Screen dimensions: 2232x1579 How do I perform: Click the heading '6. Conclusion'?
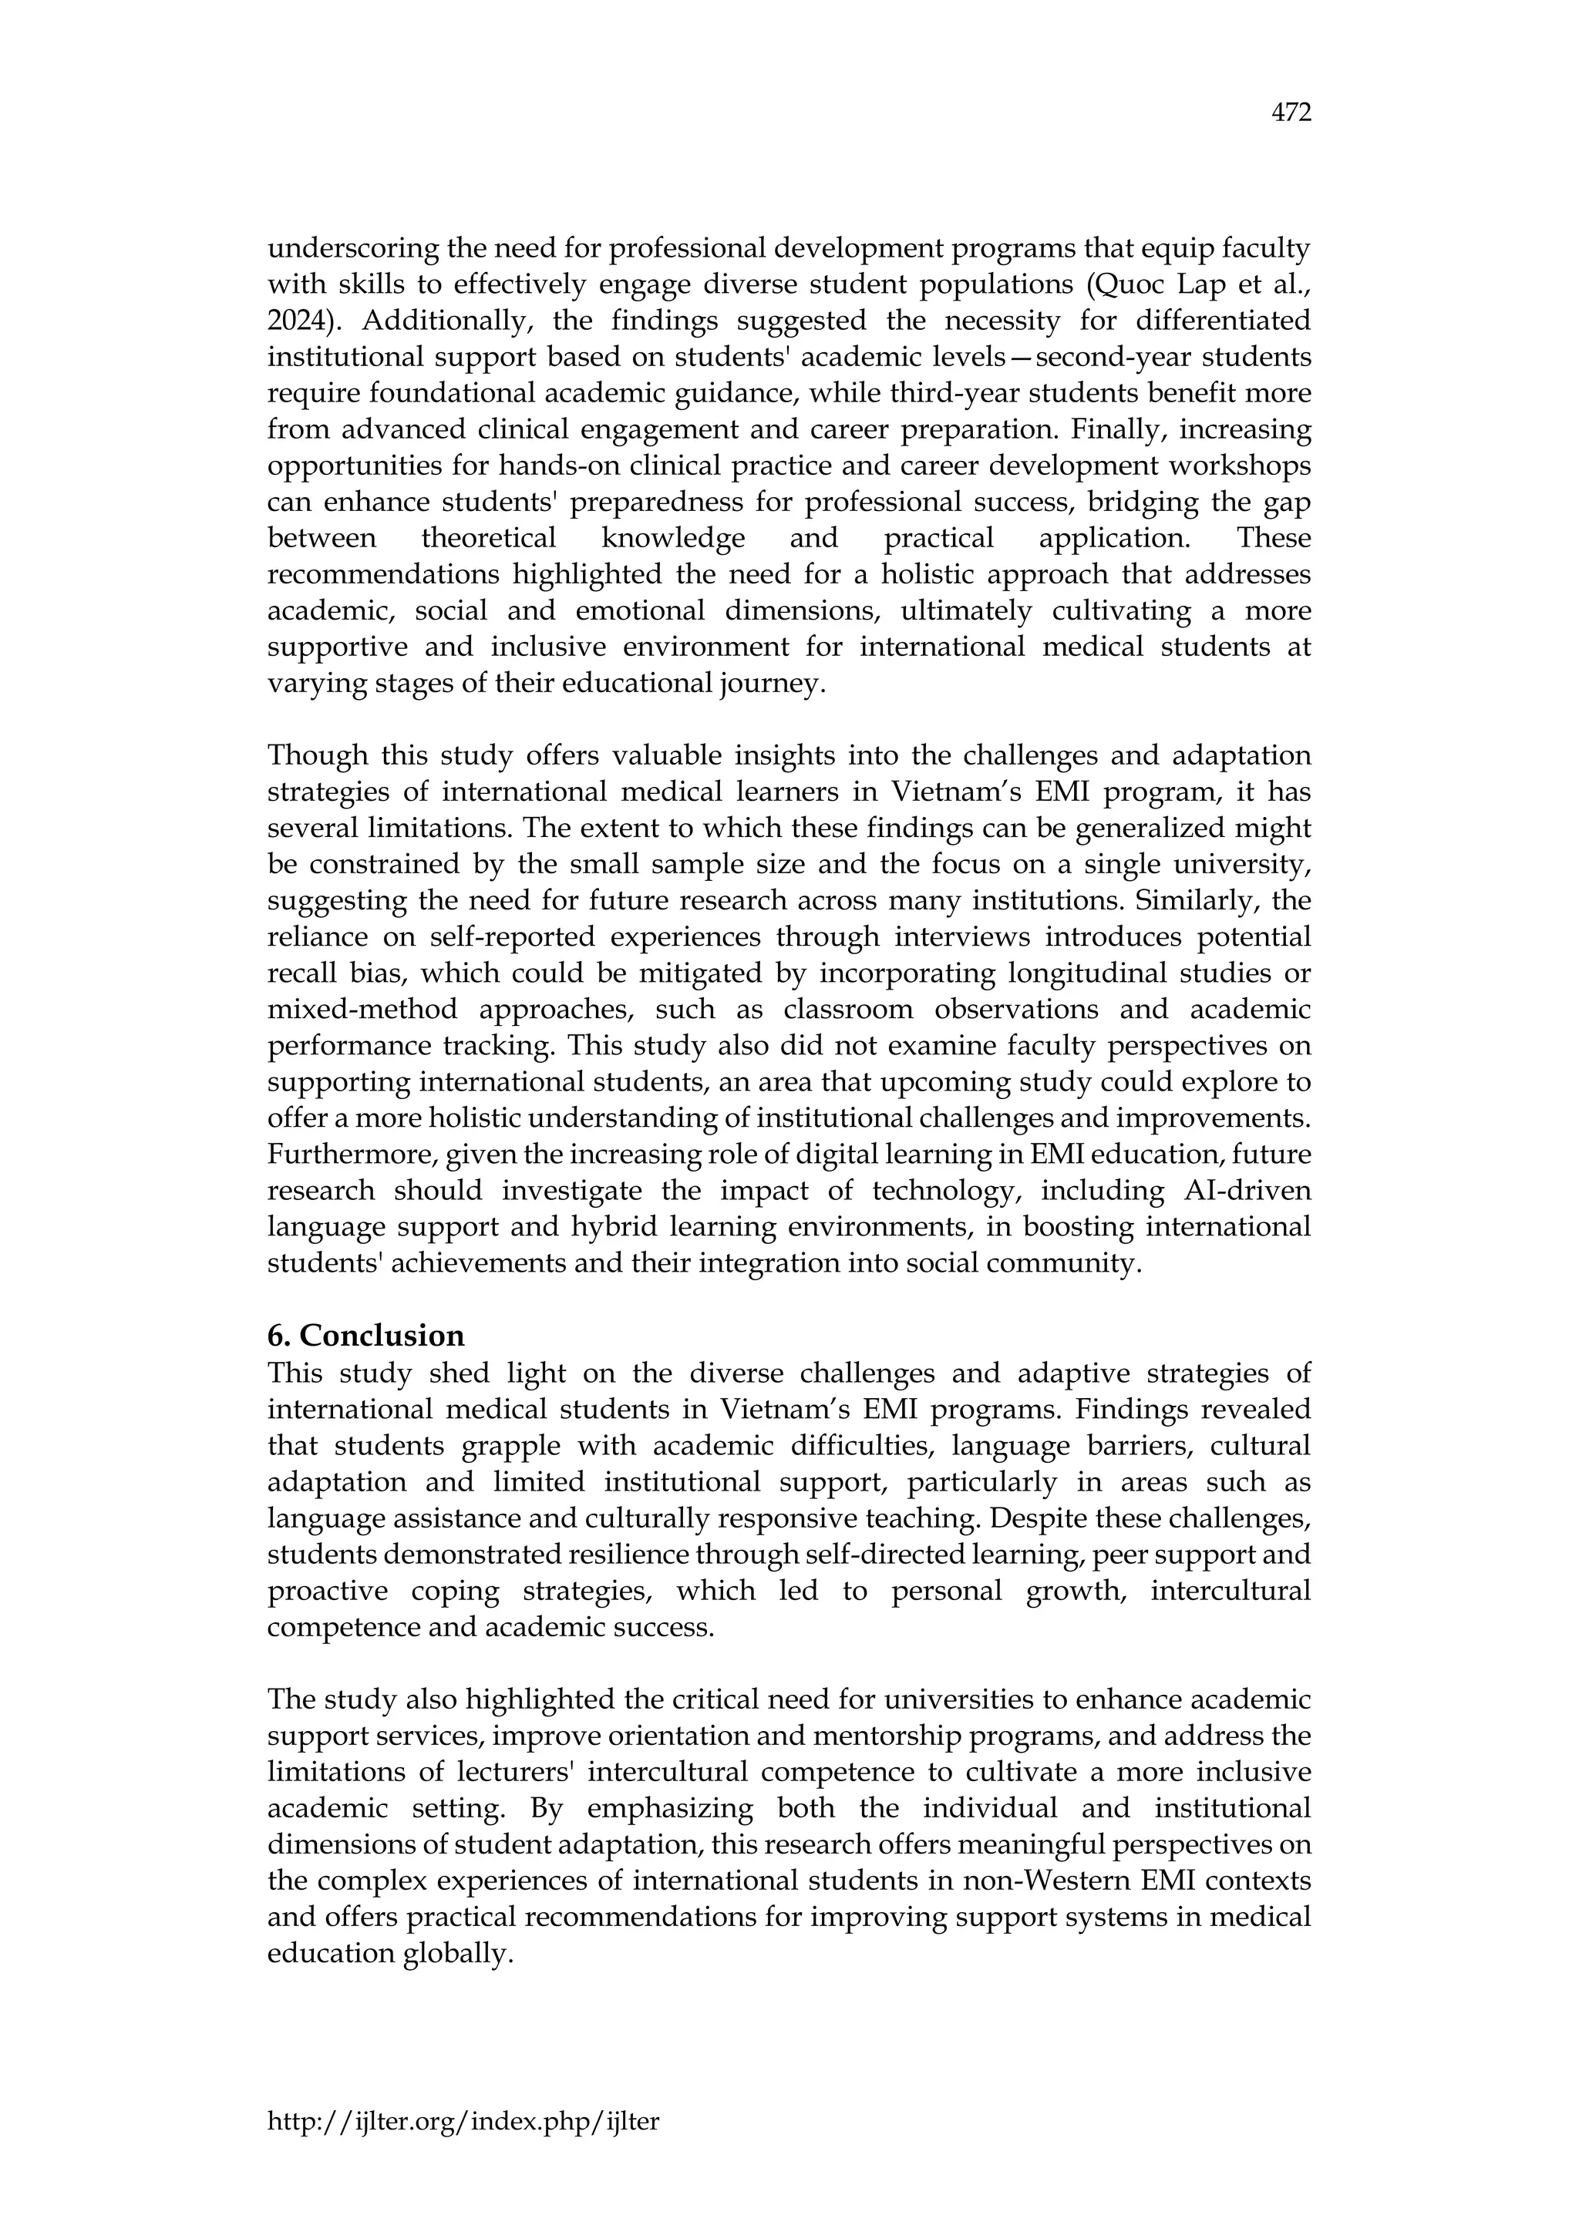tap(365, 1336)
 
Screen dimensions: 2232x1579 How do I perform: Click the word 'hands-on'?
tap(559, 466)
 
